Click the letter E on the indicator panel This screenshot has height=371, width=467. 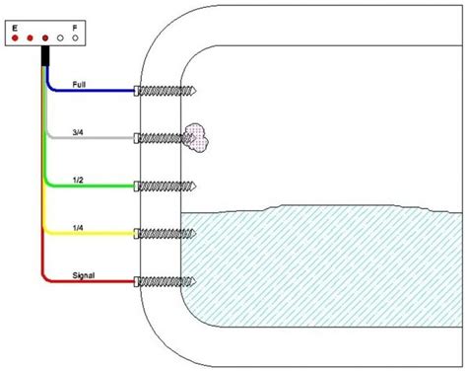[x=15, y=28]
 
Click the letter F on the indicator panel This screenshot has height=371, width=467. [x=75, y=28]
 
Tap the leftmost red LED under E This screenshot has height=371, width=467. [x=15, y=38]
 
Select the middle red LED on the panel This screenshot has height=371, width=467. [x=30, y=38]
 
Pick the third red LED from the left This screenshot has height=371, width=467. [x=45, y=38]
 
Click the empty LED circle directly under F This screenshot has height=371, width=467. [x=75, y=38]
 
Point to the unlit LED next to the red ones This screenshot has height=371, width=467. [x=60, y=38]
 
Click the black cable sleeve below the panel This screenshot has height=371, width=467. [x=45, y=56]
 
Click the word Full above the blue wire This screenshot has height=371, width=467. [x=79, y=85]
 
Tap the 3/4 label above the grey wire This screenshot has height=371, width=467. [x=78, y=132]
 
